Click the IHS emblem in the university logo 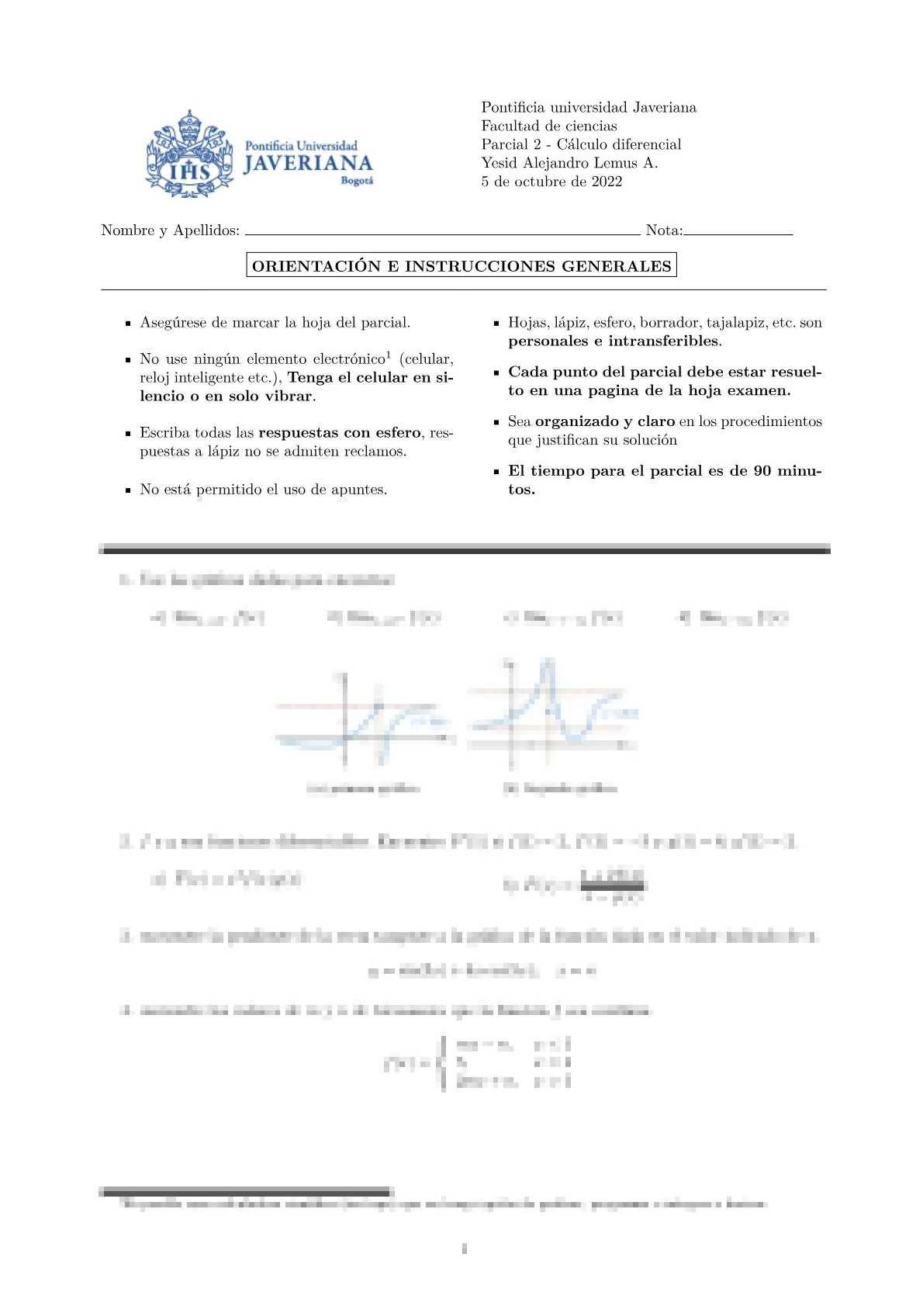pyautogui.click(x=189, y=169)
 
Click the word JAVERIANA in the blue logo pyautogui.click(x=308, y=164)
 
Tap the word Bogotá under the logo pyautogui.click(x=357, y=181)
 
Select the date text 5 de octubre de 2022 pyautogui.click(x=551, y=182)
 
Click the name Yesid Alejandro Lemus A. pyautogui.click(x=569, y=163)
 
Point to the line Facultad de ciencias pyautogui.click(x=549, y=126)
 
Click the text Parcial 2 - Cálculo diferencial pyautogui.click(x=581, y=144)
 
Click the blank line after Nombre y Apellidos pyautogui.click(x=442, y=232)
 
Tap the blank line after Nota pyautogui.click(x=738, y=232)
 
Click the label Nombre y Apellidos pyautogui.click(x=170, y=230)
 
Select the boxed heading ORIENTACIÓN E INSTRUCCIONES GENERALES pyautogui.click(x=461, y=266)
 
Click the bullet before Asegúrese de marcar pyautogui.click(x=128, y=324)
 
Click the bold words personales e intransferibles pyautogui.click(x=614, y=341)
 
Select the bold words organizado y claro pyautogui.click(x=605, y=421)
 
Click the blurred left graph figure pyautogui.click(x=363, y=722)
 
